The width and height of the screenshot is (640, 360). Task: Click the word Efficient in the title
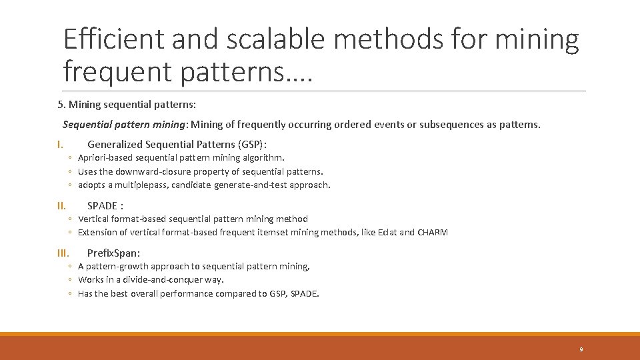click(x=113, y=40)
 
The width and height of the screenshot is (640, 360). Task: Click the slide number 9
click(x=581, y=349)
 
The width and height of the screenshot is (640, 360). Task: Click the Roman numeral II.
click(x=61, y=205)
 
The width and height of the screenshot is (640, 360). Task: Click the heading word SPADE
click(x=102, y=205)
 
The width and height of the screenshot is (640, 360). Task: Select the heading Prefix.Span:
click(x=113, y=253)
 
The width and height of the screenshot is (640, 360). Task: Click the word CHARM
click(x=433, y=233)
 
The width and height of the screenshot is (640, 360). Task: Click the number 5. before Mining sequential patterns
click(x=61, y=105)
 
